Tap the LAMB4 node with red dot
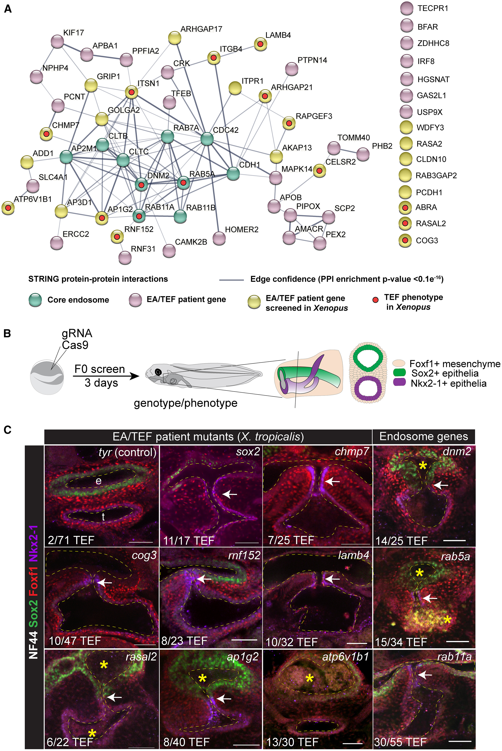coord(261,44)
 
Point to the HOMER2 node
coord(219,238)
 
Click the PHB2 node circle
coord(363,154)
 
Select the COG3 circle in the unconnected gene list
coord(405,240)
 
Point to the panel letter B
coord(7,334)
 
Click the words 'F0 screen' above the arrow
coord(100,369)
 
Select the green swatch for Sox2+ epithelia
coord(399,373)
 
